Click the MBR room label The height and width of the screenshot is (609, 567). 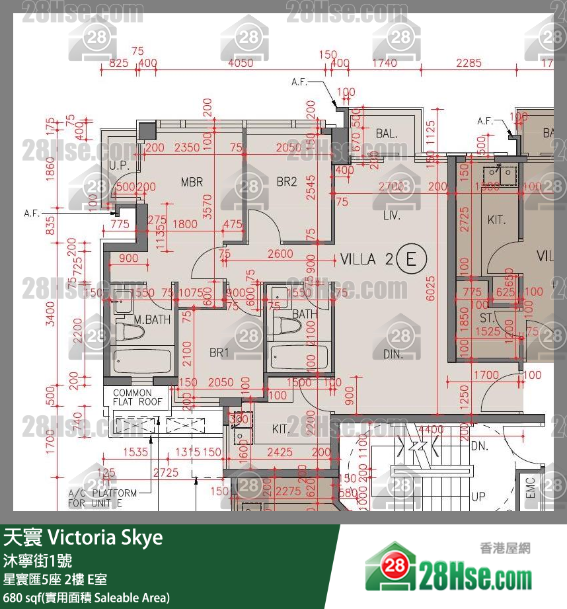(192, 183)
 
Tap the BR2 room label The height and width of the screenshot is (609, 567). (286, 182)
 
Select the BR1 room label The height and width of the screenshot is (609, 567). (219, 353)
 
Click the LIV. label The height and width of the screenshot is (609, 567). (393, 216)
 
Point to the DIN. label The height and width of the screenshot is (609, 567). (393, 354)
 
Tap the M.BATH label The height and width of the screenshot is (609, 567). (152, 320)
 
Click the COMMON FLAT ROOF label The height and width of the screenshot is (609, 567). (137, 397)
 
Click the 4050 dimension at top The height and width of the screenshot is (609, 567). (240, 63)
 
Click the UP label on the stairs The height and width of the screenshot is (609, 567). (478, 496)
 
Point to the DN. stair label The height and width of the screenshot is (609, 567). (480, 446)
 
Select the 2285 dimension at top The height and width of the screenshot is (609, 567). (469, 63)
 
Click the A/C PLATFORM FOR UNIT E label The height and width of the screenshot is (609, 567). (103, 498)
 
